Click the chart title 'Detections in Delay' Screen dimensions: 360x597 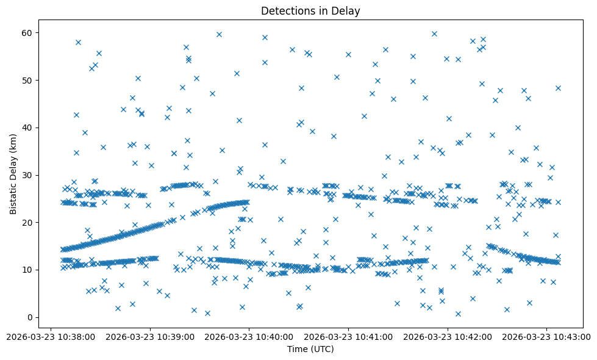pyautogui.click(x=310, y=10)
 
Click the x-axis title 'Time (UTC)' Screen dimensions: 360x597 pyautogui.click(x=310, y=350)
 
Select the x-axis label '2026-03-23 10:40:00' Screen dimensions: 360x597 pyautogui.click(x=249, y=336)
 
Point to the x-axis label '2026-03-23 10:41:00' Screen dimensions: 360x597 pyautogui.click(x=348, y=336)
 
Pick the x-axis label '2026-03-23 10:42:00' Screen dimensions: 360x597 pyautogui.click(x=448, y=336)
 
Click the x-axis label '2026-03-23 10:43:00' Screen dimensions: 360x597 pyautogui.click(x=547, y=336)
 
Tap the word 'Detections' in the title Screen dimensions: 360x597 pyautogui.click(x=285, y=10)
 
